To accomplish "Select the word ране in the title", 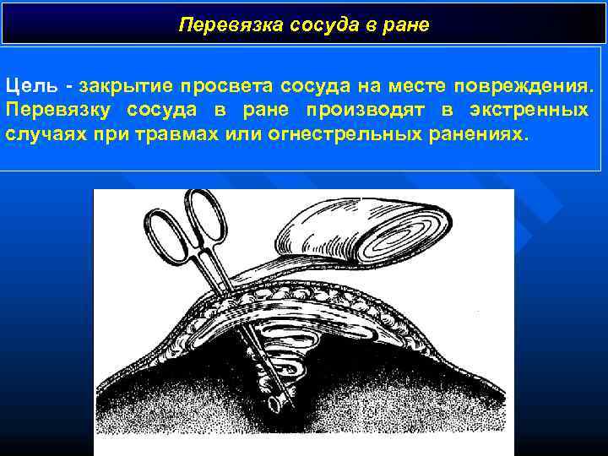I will click(x=408, y=25).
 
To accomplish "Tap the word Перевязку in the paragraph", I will click(x=57, y=111).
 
